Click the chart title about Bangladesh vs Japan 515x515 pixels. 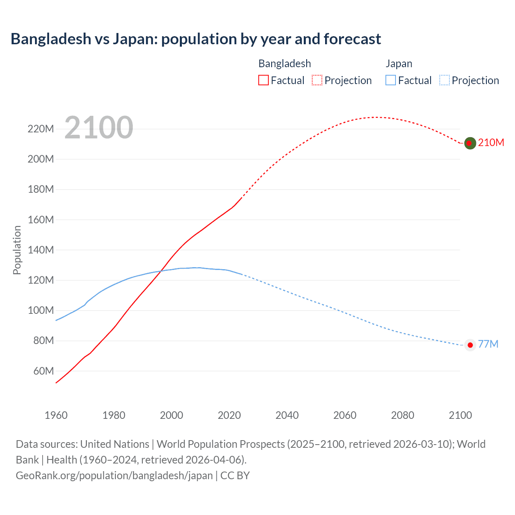click(x=196, y=39)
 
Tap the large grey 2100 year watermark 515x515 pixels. click(x=99, y=128)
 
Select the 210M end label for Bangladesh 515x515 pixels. click(x=491, y=143)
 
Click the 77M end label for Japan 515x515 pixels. click(x=488, y=344)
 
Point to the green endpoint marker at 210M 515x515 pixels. click(x=470, y=143)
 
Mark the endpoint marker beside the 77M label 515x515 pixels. click(x=470, y=345)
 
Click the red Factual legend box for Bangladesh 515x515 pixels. click(x=263, y=80)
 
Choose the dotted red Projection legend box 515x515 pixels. click(x=317, y=80)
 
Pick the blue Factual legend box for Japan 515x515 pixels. click(x=390, y=80)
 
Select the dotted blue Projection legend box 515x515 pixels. click(x=445, y=80)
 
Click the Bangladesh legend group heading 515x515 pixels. click(x=284, y=64)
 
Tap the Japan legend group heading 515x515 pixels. click(x=399, y=64)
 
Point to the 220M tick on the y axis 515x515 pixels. click(x=41, y=129)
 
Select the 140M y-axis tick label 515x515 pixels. click(x=41, y=250)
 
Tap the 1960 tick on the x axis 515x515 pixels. click(x=56, y=415)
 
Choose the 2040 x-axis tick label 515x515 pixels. click(x=287, y=415)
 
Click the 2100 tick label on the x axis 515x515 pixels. click(x=460, y=415)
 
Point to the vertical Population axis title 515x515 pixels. click(x=17, y=250)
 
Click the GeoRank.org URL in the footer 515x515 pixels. click(x=114, y=476)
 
